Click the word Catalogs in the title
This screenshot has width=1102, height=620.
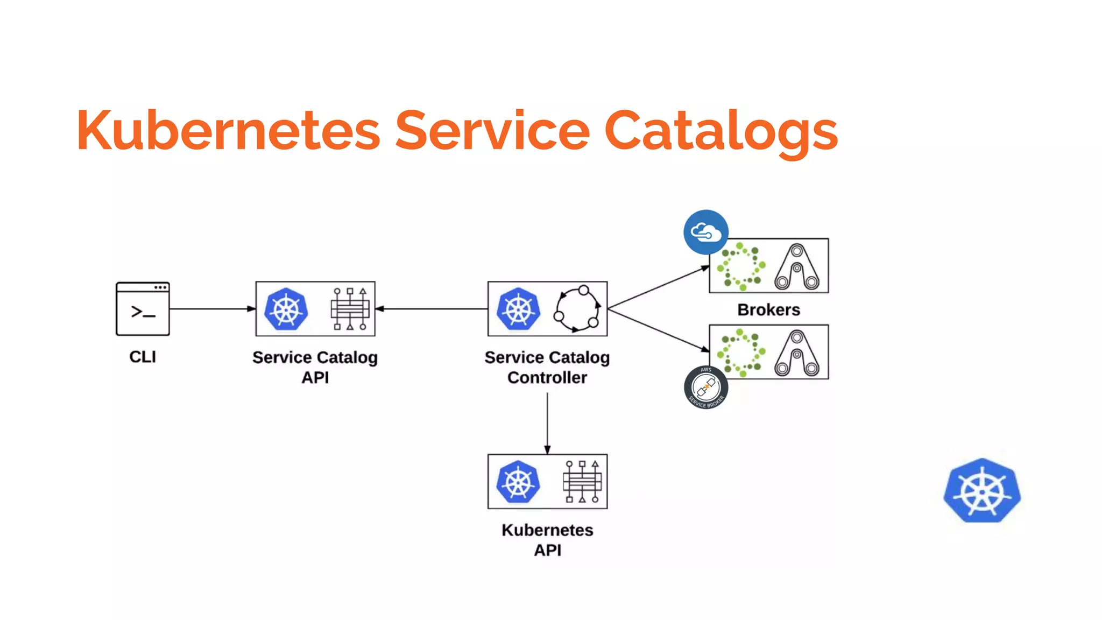coord(721,130)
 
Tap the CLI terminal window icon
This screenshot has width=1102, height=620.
coord(143,309)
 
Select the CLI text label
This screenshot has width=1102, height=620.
coord(143,357)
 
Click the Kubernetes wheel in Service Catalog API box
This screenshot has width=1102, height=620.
coord(286,309)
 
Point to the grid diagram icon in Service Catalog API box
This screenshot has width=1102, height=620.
coord(350,309)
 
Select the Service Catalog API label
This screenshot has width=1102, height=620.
coord(315,367)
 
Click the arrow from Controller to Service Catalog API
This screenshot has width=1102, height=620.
coord(430,309)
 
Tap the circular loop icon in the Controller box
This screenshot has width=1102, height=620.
coord(577,309)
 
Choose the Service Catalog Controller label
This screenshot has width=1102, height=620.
coord(547,367)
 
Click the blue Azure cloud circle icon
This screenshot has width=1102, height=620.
coord(706,232)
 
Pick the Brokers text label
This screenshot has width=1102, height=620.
coord(768,310)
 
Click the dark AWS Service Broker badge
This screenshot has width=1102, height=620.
coord(706,387)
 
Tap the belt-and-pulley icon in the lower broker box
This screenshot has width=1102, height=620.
coord(797,353)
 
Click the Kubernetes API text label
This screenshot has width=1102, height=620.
coord(547,540)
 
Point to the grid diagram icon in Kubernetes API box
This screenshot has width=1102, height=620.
coord(582,481)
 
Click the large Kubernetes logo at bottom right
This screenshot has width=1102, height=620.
coord(982,491)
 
